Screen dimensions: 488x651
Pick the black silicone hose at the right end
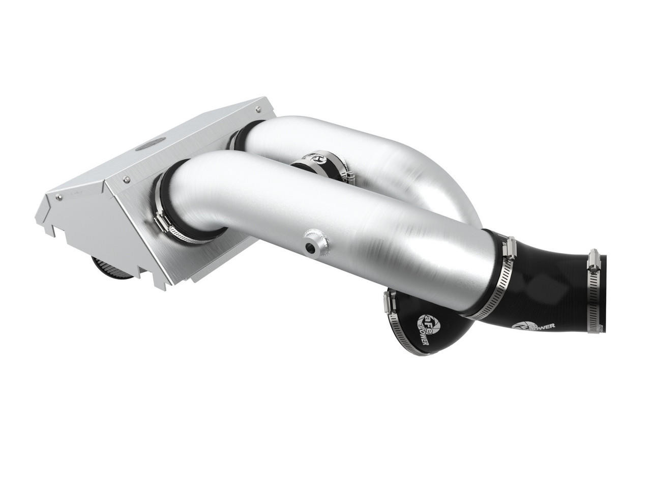pyautogui.click(x=549, y=295)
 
